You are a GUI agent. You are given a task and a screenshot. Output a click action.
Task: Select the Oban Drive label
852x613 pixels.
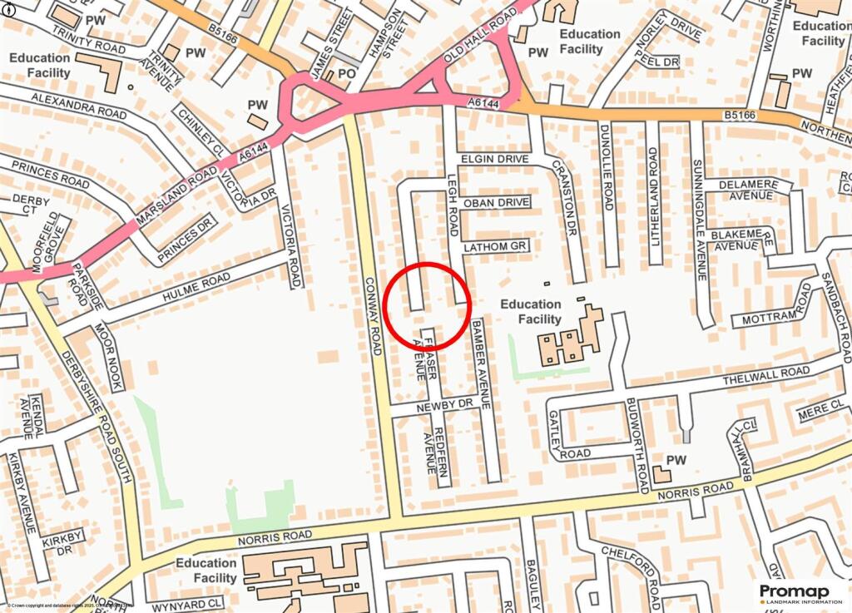497,202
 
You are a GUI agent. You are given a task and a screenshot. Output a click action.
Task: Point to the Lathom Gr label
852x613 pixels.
496,247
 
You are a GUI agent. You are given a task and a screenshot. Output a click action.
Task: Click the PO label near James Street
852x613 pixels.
346,75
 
